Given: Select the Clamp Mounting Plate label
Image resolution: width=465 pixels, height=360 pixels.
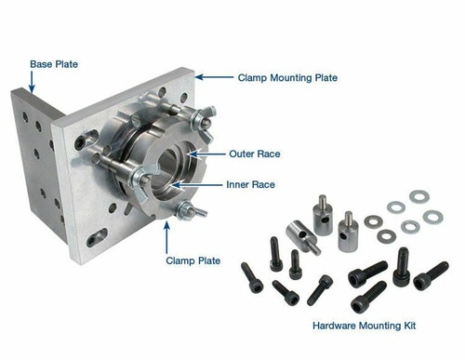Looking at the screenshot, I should pos(287,79).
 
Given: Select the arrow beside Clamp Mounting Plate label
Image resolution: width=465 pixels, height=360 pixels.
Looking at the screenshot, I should pos(212,78).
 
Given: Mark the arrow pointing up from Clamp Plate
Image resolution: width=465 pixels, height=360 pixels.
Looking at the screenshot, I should pos(168,235).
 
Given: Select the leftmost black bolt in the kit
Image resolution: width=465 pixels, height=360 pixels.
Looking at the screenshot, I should pos(250,275).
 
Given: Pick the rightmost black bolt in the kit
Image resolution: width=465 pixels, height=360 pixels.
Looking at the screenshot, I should pos(431,275).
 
